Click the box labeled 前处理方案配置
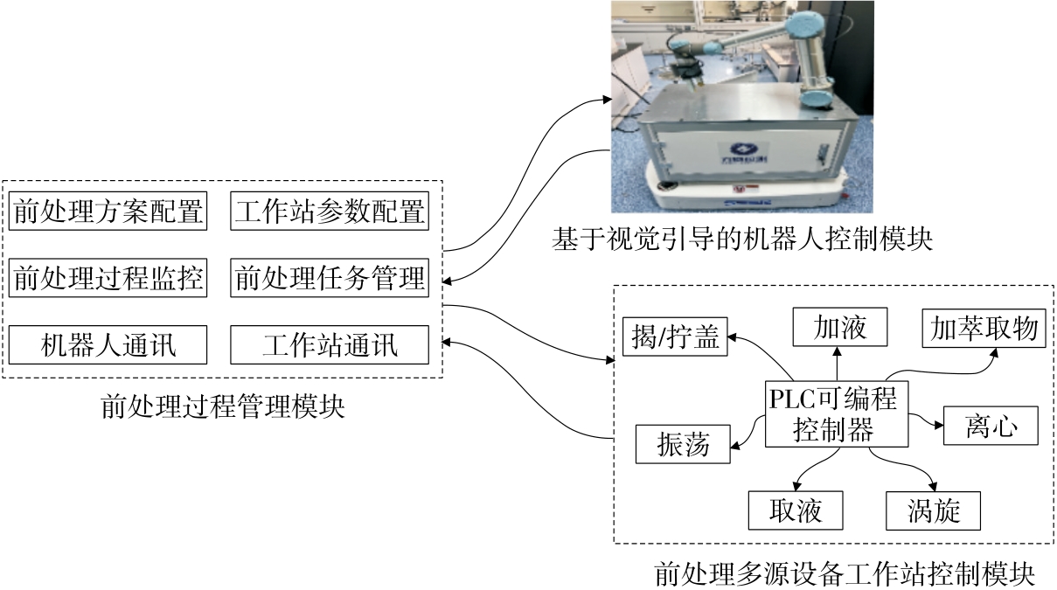[108, 212]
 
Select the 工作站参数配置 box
[330, 212]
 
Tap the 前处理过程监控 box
[108, 279]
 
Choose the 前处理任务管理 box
[330, 279]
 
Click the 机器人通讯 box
[108, 345]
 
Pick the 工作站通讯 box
[330, 345]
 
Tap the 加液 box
[839, 328]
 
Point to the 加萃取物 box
[984, 328]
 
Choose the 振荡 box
[683, 445]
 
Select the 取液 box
[796, 510]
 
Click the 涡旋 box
[934, 510]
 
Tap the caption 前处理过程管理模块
[223, 406]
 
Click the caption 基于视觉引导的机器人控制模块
[741, 239]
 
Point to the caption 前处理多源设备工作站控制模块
[845, 574]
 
